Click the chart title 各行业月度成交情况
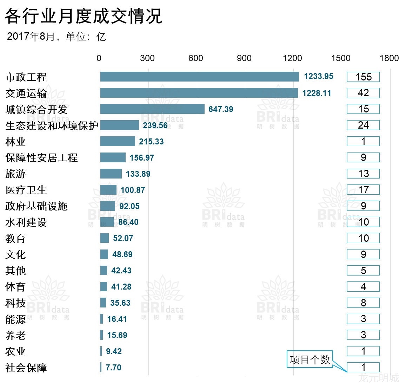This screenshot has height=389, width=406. pyautogui.click(x=84, y=16)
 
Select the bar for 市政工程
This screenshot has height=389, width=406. pyautogui.click(x=199, y=77)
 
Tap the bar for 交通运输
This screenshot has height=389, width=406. pyautogui.click(x=199, y=93)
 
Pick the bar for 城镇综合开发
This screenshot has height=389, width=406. pyautogui.click(x=152, y=109)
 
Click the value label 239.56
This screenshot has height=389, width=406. pyautogui.click(x=155, y=125)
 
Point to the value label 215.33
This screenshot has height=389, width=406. pyautogui.click(x=151, y=142)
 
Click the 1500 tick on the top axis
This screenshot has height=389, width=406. pyautogui.click(x=341, y=58)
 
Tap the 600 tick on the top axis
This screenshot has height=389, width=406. pyautogui.click(x=195, y=58)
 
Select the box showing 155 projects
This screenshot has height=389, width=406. pyautogui.click(x=363, y=77)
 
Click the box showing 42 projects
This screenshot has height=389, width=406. pyautogui.click(x=363, y=93)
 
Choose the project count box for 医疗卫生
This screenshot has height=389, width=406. pyautogui.click(x=363, y=190)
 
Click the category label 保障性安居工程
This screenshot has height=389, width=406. pyautogui.click(x=41, y=158)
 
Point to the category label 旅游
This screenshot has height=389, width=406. pyautogui.click(x=15, y=174)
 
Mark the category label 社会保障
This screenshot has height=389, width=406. pyautogui.click(x=26, y=368)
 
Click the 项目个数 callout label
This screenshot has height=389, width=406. pyautogui.click(x=310, y=359)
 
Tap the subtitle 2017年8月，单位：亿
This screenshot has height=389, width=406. pyautogui.click(x=56, y=37)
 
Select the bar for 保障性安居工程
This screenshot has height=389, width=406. pyautogui.click(x=113, y=157)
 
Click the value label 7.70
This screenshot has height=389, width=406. pyautogui.click(x=113, y=368)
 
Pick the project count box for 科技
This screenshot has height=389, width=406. pyautogui.click(x=363, y=303)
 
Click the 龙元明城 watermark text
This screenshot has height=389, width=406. pyautogui.click(x=379, y=378)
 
